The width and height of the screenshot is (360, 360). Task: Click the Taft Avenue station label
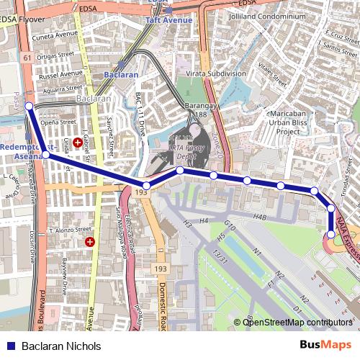point(169,20)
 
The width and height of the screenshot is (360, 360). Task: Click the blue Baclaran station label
point(120,74)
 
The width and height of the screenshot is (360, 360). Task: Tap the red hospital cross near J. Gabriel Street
point(77,143)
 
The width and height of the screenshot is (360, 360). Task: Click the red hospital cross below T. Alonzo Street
point(90,242)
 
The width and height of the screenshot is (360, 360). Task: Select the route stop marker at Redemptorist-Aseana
point(45,154)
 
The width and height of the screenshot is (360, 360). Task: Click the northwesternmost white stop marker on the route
point(29,106)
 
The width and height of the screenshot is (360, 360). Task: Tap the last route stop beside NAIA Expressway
point(330,234)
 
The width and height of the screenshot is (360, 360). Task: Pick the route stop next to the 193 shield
point(147,186)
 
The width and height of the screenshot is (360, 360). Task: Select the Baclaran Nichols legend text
point(61,346)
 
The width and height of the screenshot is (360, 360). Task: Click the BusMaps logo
point(325,346)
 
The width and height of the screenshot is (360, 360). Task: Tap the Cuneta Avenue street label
point(53,33)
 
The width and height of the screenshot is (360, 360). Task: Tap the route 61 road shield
point(27,58)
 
